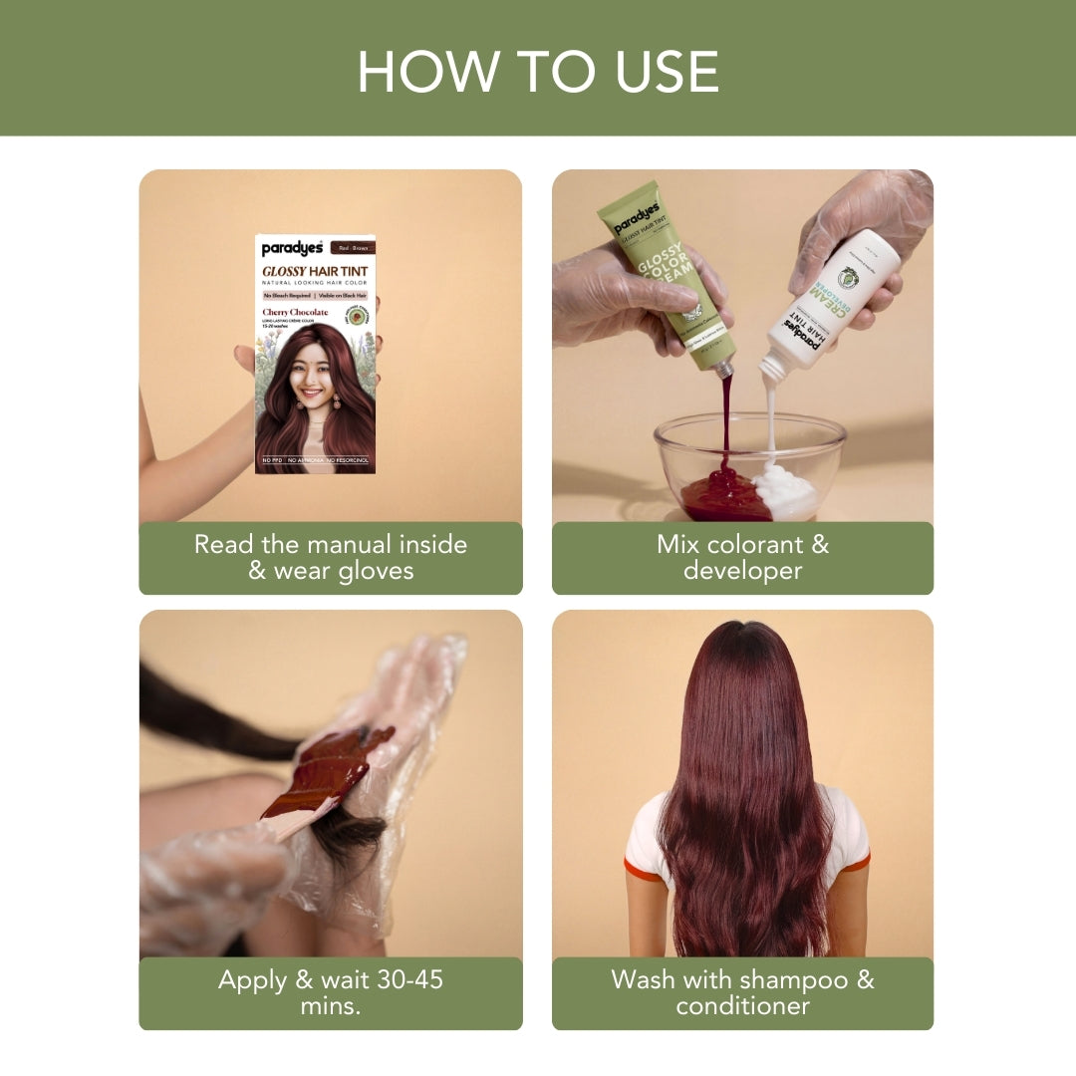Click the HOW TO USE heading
(538, 71)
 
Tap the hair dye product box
(315, 354)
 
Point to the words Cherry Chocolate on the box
(295, 313)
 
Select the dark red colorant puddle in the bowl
(724, 495)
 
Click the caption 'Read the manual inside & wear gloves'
(331, 558)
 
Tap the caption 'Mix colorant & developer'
(742, 558)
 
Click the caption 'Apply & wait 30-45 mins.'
(331, 992)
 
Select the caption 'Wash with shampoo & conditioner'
(742, 992)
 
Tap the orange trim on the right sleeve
(855, 863)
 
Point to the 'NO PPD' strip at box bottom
(271, 460)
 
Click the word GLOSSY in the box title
(283, 271)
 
